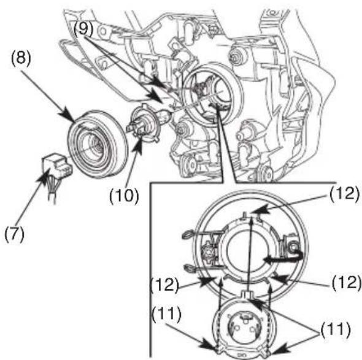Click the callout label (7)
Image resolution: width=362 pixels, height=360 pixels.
click(14, 234)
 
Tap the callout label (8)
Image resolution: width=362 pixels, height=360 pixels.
click(21, 58)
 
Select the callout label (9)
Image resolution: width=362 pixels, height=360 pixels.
click(83, 29)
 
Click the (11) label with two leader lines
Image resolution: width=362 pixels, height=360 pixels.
click(335, 329)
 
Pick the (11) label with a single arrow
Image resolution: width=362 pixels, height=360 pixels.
click(166, 315)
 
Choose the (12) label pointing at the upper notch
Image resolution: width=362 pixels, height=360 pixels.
click(344, 193)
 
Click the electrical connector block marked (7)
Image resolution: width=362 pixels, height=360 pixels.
click(57, 164)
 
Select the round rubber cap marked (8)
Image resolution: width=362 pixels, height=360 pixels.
click(98, 144)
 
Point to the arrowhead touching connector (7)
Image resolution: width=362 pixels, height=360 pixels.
click(44, 177)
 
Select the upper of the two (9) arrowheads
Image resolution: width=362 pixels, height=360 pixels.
click(160, 83)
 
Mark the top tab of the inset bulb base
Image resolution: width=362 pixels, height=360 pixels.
click(247, 295)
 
